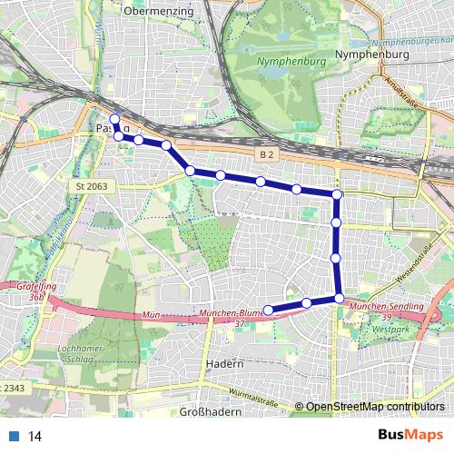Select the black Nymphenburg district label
(372, 54)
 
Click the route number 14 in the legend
(35, 436)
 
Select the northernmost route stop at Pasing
(114, 119)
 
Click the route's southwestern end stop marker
(268, 311)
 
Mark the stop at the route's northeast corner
(337, 194)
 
